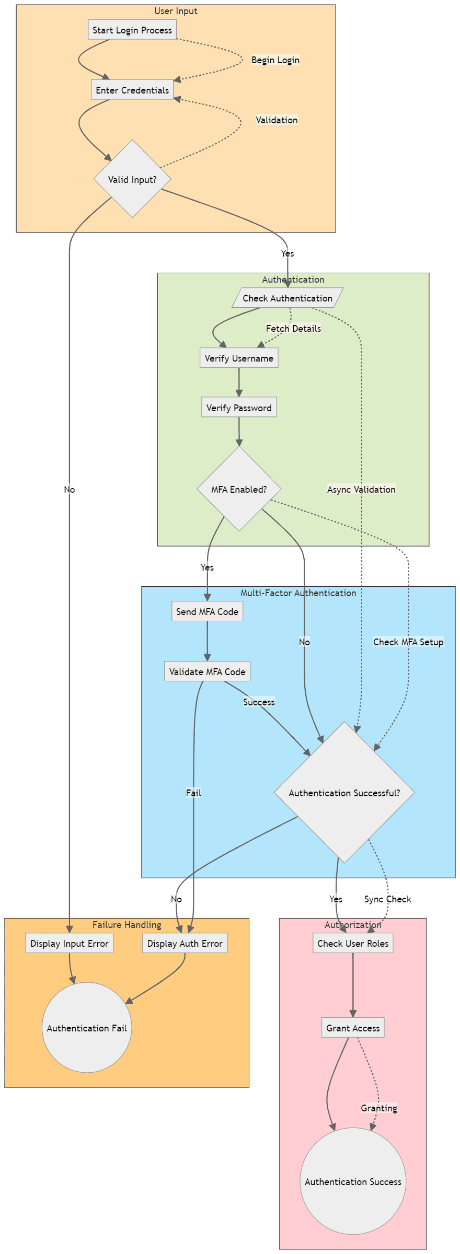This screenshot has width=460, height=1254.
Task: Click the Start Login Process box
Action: [x=132, y=30]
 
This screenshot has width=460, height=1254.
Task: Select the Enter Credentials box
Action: [x=132, y=90]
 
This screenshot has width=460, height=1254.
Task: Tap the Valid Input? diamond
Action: [x=132, y=179]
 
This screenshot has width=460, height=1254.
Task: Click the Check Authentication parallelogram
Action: [x=287, y=298]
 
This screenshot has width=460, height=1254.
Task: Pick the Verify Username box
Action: [x=239, y=358]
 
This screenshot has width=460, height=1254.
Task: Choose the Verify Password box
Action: [x=239, y=408]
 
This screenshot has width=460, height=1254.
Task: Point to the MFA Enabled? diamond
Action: [x=239, y=489]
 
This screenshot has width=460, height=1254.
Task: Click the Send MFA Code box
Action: [x=207, y=611]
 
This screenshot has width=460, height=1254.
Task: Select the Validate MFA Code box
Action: [x=207, y=671]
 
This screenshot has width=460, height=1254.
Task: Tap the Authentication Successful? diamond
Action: [x=344, y=793]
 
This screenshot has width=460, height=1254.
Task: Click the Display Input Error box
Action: [x=70, y=943]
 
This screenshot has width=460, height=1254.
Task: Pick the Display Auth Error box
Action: [x=185, y=943]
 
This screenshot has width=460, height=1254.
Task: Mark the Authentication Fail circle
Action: [x=87, y=1028]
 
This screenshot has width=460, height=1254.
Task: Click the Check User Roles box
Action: [x=353, y=943]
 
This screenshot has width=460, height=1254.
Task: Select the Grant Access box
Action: [x=353, y=1028]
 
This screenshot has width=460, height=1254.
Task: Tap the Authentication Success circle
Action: [x=353, y=1181]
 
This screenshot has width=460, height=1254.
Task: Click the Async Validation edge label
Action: [x=361, y=489]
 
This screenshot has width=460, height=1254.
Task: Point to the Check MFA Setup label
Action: [x=408, y=642]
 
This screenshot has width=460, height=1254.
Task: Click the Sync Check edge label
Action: [x=388, y=899]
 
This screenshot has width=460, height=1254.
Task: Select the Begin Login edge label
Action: [x=275, y=60]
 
